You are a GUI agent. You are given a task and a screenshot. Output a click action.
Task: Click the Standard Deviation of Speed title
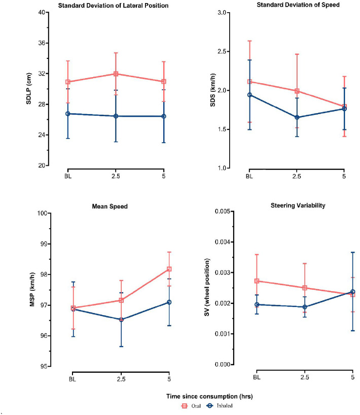(x=298, y=5)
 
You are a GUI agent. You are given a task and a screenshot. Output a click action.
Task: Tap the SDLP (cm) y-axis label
(x=30, y=89)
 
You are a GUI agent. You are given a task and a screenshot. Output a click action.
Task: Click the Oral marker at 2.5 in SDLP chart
(x=116, y=74)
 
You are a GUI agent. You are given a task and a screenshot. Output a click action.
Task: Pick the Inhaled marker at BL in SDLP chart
(x=67, y=114)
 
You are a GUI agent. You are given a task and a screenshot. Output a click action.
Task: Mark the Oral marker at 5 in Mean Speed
(x=169, y=269)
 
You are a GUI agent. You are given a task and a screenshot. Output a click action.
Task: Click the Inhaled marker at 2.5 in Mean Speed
(x=121, y=320)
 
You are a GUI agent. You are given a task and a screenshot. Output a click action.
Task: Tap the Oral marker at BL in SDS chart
(x=249, y=82)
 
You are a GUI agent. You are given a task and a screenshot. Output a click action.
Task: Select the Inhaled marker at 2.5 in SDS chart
(x=297, y=118)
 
